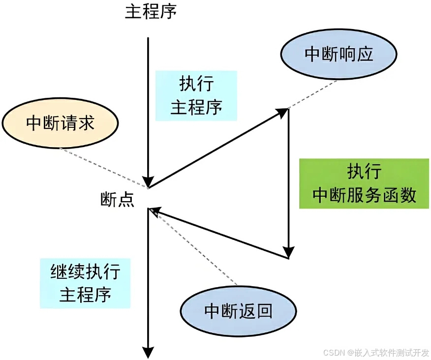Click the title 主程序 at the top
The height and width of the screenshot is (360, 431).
(x=150, y=12)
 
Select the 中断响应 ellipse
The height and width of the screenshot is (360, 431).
(x=339, y=54)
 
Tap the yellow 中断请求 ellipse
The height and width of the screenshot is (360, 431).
(x=60, y=123)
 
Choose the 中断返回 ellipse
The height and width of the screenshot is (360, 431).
(x=239, y=311)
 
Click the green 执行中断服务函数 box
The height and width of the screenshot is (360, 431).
(x=364, y=183)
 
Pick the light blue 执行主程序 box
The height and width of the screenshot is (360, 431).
(x=196, y=95)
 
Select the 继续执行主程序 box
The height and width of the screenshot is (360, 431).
(x=85, y=283)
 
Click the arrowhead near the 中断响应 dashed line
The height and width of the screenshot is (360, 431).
(x=282, y=113)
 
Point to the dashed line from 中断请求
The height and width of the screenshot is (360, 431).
(x=103, y=168)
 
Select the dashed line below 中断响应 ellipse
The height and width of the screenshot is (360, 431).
(x=313, y=93)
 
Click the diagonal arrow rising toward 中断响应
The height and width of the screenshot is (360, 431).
(x=216, y=148)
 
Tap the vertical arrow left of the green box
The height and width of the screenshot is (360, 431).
(x=288, y=182)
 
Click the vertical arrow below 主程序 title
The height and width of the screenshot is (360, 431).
(x=148, y=108)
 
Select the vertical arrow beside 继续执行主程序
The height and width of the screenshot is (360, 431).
(x=148, y=280)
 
